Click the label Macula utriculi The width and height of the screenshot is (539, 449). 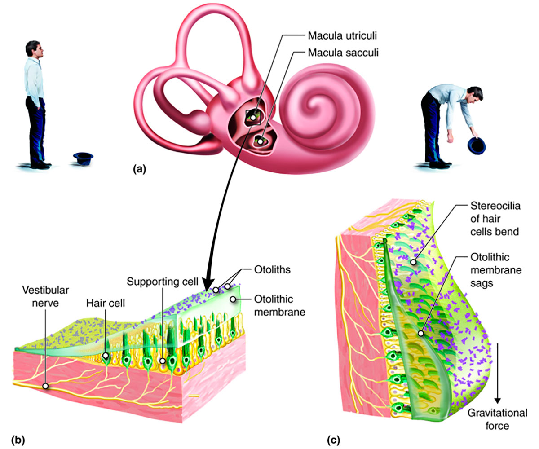coord(342,35)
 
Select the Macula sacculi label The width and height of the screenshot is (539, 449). coord(343,53)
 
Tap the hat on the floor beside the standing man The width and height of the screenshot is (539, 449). coord(83,158)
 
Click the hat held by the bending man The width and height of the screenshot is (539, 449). coord(477,145)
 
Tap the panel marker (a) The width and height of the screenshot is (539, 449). coord(139,169)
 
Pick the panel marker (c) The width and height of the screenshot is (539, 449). coord(333,440)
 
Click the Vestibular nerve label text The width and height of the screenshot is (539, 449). coord(45,296)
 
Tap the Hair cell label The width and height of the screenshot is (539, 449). coord(105,303)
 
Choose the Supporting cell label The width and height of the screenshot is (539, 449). coord(162,282)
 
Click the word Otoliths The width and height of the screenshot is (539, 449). coord(272,269)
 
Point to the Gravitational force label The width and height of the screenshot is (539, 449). coord(497,419)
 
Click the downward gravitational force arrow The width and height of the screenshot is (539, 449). coord(497,373)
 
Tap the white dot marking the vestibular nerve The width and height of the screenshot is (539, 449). coord(46,386)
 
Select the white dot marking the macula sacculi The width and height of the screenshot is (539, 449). coord(260,142)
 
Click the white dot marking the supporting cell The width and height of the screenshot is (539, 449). coord(162,361)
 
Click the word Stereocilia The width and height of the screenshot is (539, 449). coord(495,206)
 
